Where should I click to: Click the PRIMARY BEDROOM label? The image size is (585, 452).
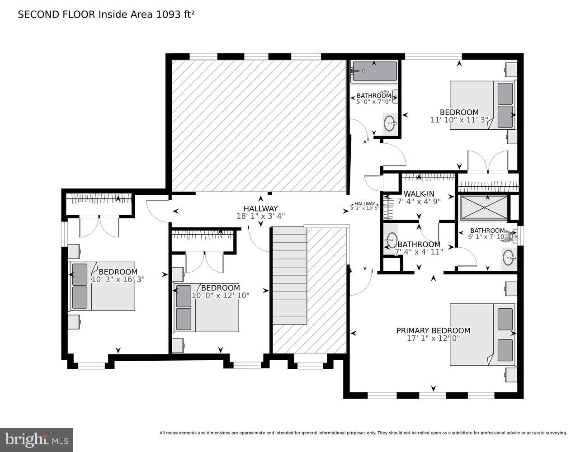click(433, 330)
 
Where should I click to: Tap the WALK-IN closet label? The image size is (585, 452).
click(419, 194)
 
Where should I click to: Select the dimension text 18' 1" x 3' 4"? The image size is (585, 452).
click(261, 216)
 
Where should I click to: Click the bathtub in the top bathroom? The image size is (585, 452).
click(374, 71)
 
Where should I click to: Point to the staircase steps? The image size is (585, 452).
click(289, 276)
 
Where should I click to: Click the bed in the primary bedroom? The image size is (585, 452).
click(482, 334)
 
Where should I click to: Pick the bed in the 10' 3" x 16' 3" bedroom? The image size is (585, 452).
click(102, 286)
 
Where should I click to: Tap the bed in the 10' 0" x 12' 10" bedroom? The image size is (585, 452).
click(207, 307)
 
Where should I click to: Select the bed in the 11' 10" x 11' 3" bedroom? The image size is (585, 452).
click(482, 105)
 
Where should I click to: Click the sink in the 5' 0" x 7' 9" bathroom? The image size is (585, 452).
click(390, 122)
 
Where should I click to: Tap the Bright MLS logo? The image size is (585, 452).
click(37, 439)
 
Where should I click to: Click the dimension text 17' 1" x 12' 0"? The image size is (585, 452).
click(433, 338)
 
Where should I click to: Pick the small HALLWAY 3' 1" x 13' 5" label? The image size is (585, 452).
click(364, 206)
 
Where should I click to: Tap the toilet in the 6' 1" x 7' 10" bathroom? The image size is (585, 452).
click(510, 236)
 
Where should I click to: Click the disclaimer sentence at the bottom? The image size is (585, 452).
click(363, 433)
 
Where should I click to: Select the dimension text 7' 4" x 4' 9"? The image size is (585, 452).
click(419, 202)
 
